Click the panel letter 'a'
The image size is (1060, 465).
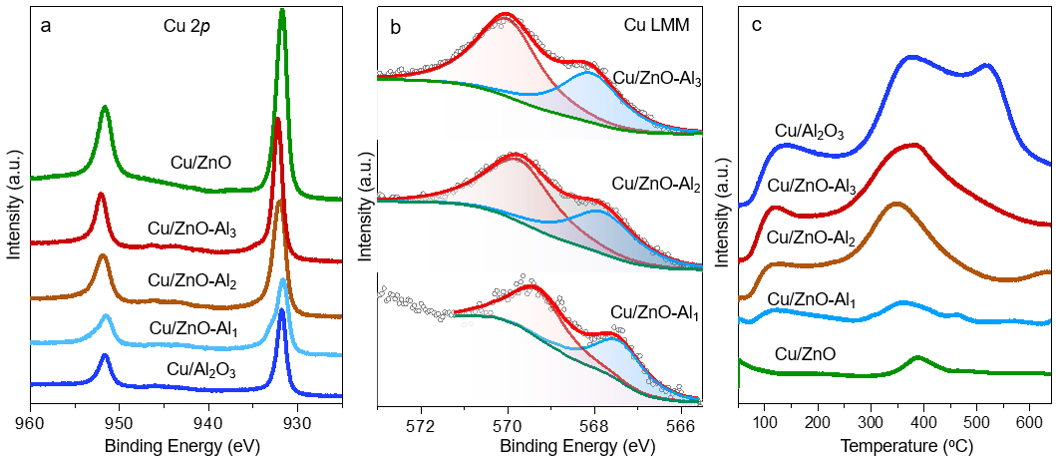click(x=46, y=27)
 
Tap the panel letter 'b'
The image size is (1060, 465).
click(x=396, y=28)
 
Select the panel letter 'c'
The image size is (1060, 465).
click(x=757, y=26)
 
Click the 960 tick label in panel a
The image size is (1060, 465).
click(x=31, y=421)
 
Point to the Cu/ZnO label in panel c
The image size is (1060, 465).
click(x=806, y=353)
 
